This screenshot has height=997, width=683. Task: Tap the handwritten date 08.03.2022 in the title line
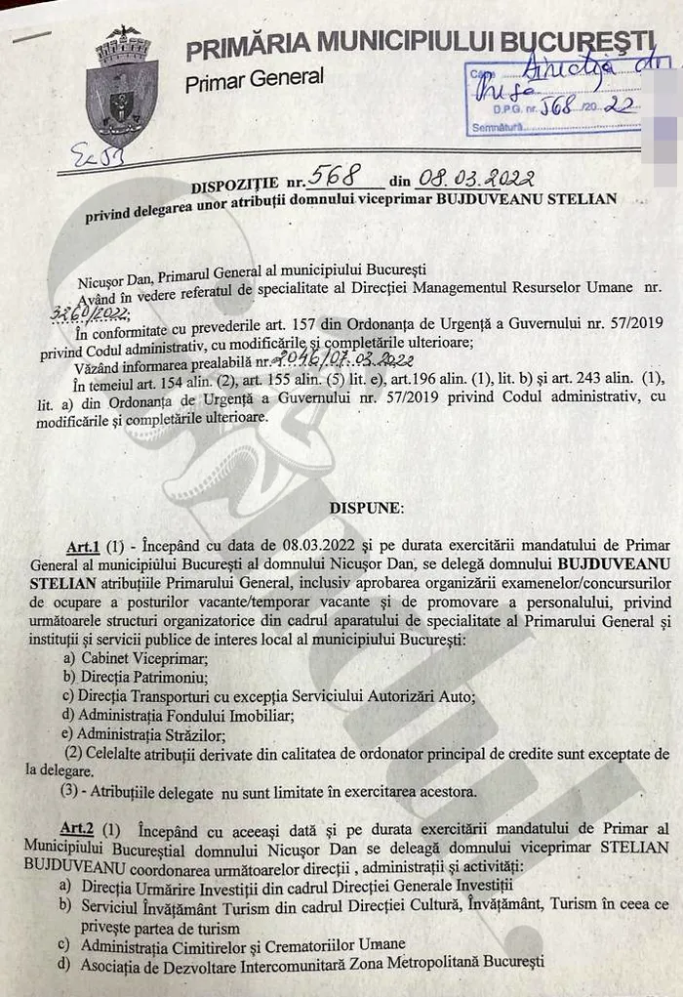[x=475, y=178]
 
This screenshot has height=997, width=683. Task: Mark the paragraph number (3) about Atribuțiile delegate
[x=70, y=790]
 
